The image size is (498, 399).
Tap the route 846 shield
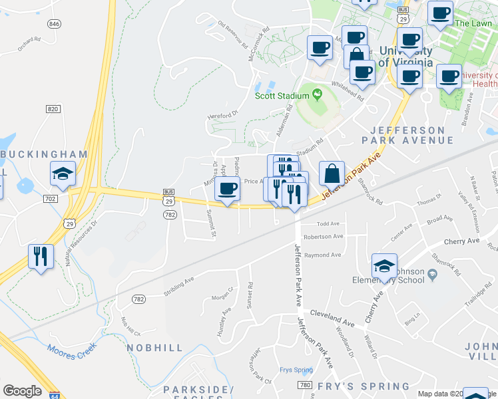tap(55, 23)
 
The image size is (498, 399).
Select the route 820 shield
tap(54, 108)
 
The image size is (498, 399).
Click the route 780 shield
tap(306, 385)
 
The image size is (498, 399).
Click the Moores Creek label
tap(72, 347)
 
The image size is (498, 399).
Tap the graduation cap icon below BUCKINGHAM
tap(63, 174)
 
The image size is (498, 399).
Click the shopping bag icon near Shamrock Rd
tap(332, 174)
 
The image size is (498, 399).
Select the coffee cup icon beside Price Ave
tap(227, 189)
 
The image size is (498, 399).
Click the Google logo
tap(22, 390)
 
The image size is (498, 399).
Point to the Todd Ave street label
tap(328, 224)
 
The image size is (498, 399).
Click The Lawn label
tap(473, 23)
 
